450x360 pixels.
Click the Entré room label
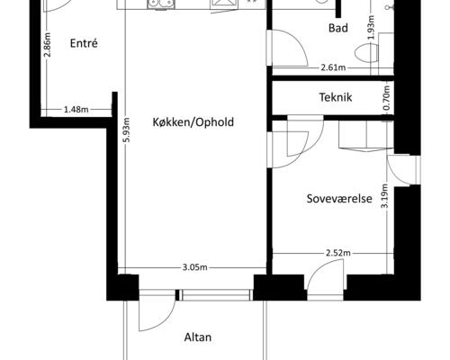(x=82, y=43)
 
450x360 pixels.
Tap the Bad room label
(x=338, y=29)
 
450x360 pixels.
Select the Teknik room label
(x=335, y=97)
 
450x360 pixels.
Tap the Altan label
(x=197, y=338)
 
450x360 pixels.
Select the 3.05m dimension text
(x=195, y=267)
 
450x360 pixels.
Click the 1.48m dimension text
(x=76, y=110)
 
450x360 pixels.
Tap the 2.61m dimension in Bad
(x=334, y=67)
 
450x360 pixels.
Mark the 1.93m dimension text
(x=372, y=28)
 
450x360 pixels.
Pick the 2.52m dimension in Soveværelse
(x=338, y=254)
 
